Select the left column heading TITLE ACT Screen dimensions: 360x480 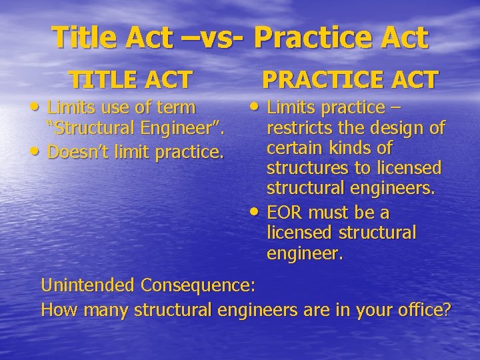[x=131, y=80]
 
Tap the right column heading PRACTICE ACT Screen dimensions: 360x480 [x=350, y=80]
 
